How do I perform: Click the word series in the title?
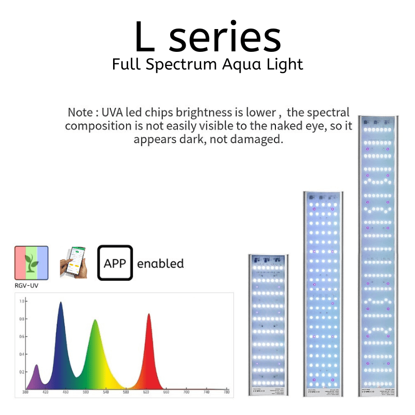click(225, 37)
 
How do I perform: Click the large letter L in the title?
click(145, 37)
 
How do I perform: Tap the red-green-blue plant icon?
click(31, 263)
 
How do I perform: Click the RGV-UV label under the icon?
click(26, 285)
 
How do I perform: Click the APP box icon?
click(115, 263)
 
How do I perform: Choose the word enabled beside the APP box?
click(160, 264)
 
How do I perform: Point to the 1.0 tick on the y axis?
click(22, 301)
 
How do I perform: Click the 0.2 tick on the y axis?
click(22, 372)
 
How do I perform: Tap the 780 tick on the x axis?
click(226, 393)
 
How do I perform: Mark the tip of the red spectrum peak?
click(149, 314)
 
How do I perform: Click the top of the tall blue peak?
click(60, 302)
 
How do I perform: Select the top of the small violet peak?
click(36, 365)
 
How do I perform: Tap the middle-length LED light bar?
click(323, 293)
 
